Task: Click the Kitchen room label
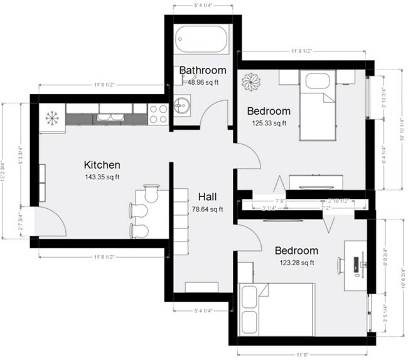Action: pyautogui.click(x=102, y=165)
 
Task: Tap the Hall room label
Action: pyautogui.click(x=208, y=196)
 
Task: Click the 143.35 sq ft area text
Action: pyautogui.click(x=102, y=177)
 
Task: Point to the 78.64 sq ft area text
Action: pyautogui.click(x=208, y=209)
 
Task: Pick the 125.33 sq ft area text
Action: pyautogui.click(x=269, y=123)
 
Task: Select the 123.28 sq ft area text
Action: pyautogui.click(x=297, y=262)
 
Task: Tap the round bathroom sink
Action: pyautogui.click(x=183, y=106)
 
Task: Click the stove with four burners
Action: pyautogui.click(x=158, y=112)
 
